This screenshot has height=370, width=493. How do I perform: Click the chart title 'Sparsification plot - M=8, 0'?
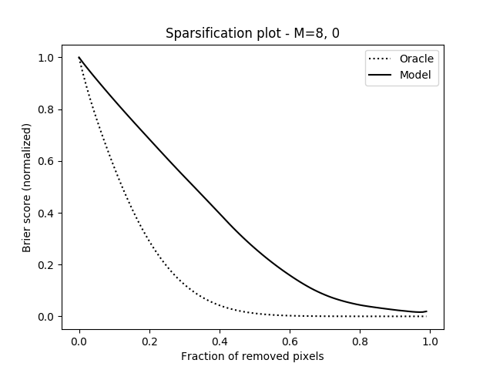pos(253,34)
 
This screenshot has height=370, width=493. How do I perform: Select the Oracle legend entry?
pos(417,59)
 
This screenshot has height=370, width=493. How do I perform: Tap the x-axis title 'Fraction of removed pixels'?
pos(253,356)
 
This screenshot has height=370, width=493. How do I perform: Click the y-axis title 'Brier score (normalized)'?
pos(26,187)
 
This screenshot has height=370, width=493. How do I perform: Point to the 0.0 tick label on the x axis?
pos(79,340)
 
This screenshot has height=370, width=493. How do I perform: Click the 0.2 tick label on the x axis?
pos(149,340)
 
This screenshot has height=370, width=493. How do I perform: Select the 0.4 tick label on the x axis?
pos(220,340)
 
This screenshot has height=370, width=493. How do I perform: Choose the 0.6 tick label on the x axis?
pos(290,340)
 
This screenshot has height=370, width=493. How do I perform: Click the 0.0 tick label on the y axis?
pos(46,317)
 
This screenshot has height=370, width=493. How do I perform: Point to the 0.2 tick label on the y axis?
pos(46,265)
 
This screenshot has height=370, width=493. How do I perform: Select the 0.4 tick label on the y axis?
pos(46,214)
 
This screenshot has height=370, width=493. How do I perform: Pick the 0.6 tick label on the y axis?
pos(46,161)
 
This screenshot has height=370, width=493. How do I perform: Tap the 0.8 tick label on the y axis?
pos(46,109)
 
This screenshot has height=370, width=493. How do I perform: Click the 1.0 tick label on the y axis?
pos(46,58)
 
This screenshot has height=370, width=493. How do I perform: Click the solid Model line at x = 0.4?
pos(220,215)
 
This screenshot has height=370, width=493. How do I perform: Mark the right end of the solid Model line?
pos(426,311)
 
